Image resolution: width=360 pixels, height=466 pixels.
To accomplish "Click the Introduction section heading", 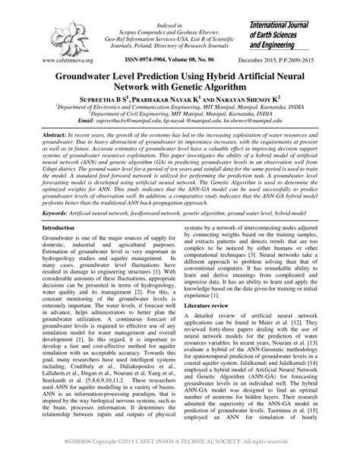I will coord(64,228).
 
